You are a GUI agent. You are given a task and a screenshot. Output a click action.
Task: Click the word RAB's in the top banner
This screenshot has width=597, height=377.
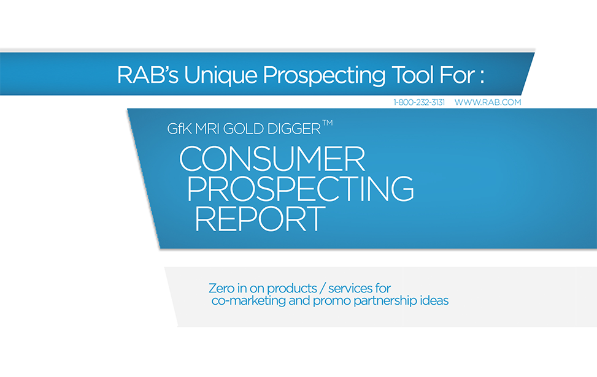point(148,75)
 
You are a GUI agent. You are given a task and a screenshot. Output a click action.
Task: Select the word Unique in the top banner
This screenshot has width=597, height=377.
point(221,75)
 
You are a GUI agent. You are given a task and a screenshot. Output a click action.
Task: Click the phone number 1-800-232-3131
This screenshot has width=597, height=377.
point(419,102)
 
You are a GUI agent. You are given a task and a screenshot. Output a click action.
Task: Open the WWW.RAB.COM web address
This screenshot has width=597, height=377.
point(488,102)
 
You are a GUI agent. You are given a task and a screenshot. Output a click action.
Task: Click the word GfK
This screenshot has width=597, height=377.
point(179,129)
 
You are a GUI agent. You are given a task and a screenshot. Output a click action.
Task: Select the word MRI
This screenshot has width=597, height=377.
point(207,129)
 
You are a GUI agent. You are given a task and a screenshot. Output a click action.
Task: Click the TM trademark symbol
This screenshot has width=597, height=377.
point(328,123)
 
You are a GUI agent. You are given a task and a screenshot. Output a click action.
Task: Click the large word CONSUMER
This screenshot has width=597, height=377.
point(272,159)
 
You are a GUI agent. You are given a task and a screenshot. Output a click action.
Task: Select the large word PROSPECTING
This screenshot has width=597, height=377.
point(301,188)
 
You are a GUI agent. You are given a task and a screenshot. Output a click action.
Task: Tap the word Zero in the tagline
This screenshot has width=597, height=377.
point(221,288)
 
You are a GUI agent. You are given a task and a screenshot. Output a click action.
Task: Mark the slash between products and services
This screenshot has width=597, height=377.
point(323,289)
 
